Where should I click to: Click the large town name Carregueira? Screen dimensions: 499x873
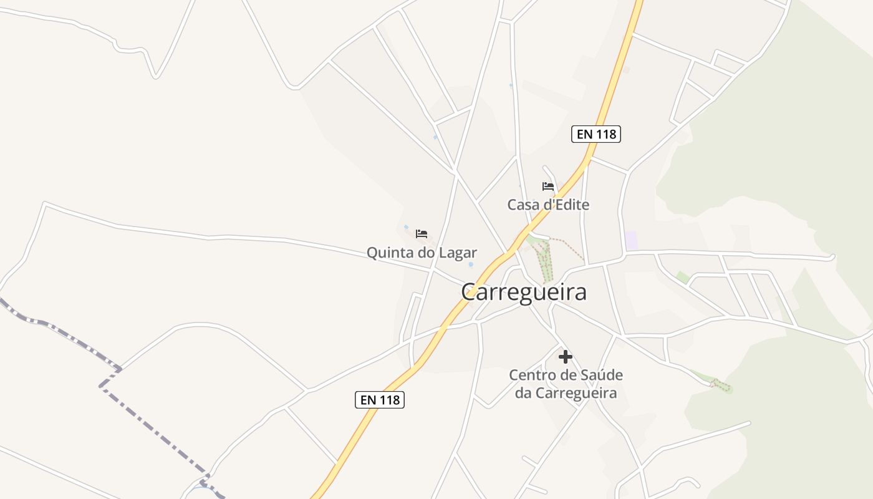524,292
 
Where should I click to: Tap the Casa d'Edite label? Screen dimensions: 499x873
548,205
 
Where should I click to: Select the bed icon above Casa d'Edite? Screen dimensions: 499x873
548,186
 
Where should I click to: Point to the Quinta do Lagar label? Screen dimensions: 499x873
422,253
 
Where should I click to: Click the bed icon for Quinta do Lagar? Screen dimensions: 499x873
422,234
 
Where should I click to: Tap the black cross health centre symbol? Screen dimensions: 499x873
566,357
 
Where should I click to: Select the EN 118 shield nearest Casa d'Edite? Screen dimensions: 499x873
596,134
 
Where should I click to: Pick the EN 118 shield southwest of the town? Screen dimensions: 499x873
380,400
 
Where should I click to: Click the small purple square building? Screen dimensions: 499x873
631,241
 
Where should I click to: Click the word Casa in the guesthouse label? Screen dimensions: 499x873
523,205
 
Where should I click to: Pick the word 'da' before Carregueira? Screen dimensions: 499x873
523,393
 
